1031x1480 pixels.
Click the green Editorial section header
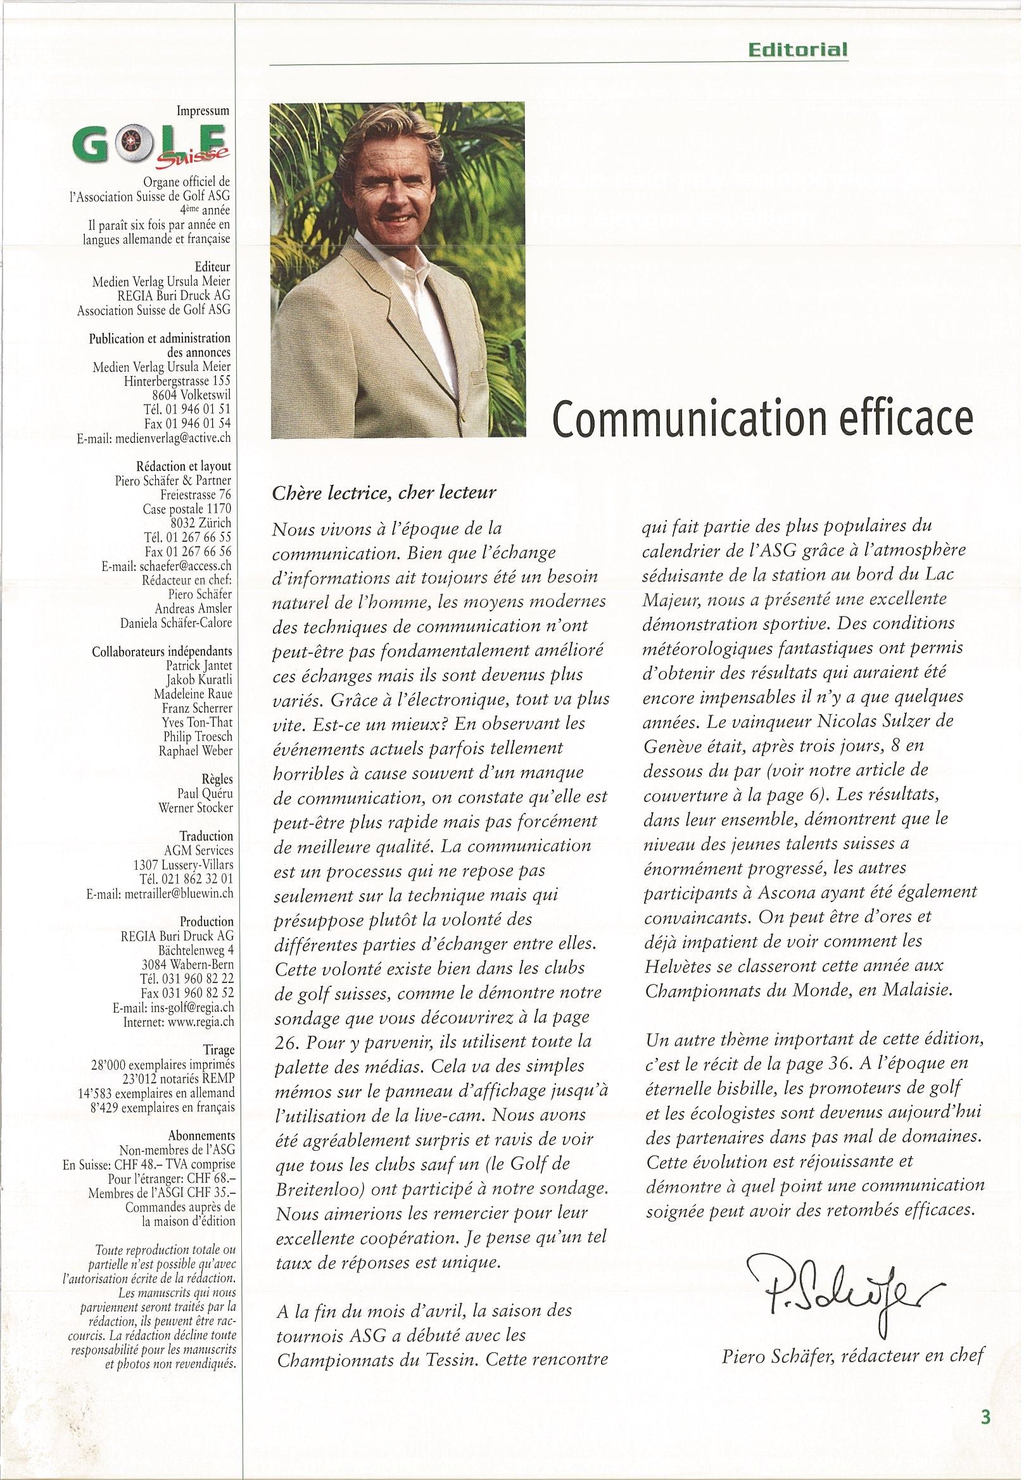[x=798, y=49]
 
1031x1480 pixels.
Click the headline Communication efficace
[x=761, y=418]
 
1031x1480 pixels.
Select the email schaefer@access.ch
[x=166, y=567]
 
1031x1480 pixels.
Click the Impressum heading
[x=203, y=111]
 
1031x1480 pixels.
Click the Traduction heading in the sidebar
[x=206, y=836]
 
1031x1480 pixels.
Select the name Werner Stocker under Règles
[x=196, y=808]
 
